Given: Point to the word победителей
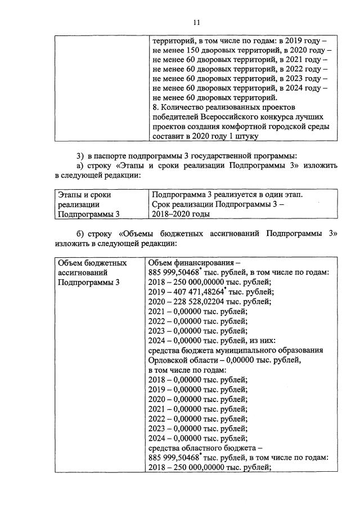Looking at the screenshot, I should [174, 117].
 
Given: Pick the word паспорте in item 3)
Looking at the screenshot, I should [111, 155].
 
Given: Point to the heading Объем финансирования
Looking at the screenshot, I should [192, 263].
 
